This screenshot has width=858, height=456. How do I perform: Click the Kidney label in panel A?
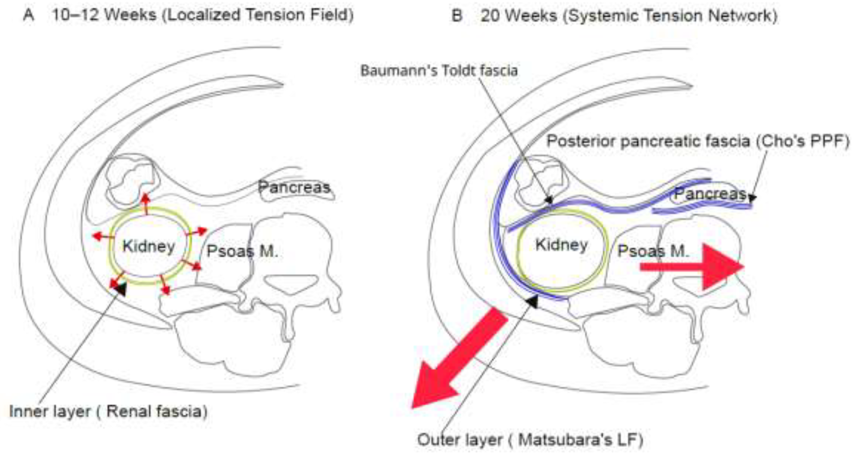pos(149,247)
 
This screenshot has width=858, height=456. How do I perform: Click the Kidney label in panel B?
pos(562,245)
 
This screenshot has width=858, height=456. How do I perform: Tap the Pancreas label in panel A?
pos(294,187)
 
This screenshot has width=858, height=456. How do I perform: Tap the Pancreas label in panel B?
pos(710,194)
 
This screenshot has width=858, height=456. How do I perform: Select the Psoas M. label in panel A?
pos(242,251)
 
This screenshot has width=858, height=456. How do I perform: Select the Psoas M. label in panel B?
pos(653,251)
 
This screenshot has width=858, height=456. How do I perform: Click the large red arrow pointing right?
pos(692,266)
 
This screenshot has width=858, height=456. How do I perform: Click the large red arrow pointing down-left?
pos(460,358)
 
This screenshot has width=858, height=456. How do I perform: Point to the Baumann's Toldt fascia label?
pos(439,71)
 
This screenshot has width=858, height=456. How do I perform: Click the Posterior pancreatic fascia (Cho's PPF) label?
pos(698,141)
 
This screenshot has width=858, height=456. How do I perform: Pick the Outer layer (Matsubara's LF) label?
pos(530,440)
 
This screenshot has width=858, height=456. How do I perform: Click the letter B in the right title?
pos(457,15)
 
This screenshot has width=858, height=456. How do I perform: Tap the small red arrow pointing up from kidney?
pos(145,203)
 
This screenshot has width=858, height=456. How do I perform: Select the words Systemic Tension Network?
pos(670,16)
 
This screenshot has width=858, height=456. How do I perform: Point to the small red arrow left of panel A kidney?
pos(103,236)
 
